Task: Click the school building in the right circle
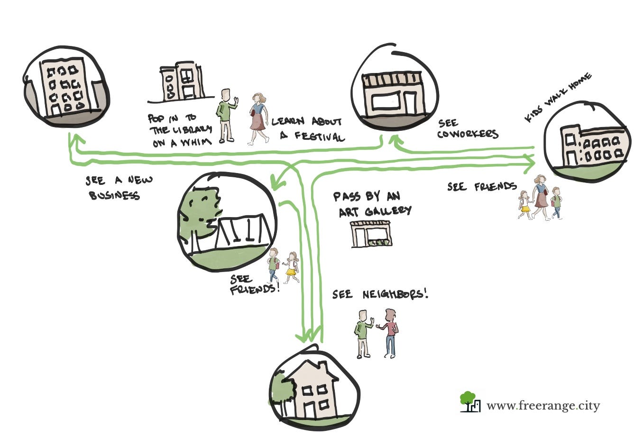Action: click(x=593, y=145)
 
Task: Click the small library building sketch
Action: click(x=182, y=81)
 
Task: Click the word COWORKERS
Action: click(x=468, y=134)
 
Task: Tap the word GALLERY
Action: click(x=388, y=211)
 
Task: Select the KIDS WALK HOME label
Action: click(x=558, y=98)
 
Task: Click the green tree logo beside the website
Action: click(x=468, y=401)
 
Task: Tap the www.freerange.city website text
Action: click(x=543, y=406)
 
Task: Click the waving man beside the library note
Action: click(x=227, y=116)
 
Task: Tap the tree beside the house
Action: click(x=281, y=392)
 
